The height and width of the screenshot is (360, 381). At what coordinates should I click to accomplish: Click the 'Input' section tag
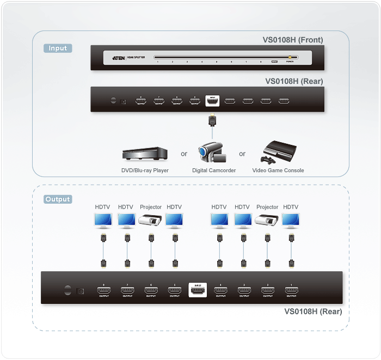(x=58, y=48)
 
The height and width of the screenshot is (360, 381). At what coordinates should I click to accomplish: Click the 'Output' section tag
(x=58, y=199)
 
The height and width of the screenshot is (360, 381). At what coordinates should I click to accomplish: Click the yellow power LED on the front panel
(x=291, y=57)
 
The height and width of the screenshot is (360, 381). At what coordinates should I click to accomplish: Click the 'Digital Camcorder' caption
(x=214, y=170)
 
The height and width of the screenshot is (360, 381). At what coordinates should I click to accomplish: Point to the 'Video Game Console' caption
(x=278, y=170)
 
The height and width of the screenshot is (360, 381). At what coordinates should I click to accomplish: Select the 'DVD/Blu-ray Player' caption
(x=145, y=170)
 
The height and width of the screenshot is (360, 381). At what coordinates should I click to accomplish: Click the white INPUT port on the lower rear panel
(x=197, y=290)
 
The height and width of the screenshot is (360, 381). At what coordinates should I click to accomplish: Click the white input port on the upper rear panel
(x=212, y=101)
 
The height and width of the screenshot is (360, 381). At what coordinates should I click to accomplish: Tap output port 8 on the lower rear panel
(x=103, y=290)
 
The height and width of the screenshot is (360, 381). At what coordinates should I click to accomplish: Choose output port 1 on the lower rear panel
(x=291, y=290)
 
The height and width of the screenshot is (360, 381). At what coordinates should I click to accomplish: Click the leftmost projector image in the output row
(x=151, y=221)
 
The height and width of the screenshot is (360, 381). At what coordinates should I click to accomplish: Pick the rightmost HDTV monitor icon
(x=291, y=220)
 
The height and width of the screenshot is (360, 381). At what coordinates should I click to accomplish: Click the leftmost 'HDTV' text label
(x=102, y=207)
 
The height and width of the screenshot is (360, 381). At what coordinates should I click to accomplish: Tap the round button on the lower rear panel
(x=67, y=290)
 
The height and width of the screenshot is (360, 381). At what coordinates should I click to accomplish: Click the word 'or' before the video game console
(x=242, y=154)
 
